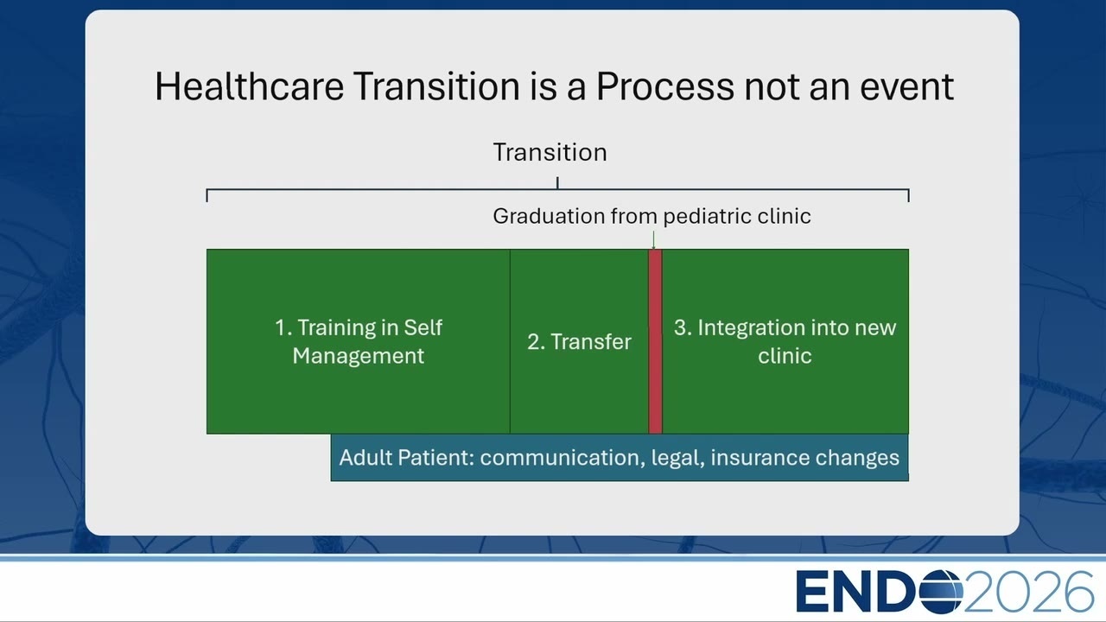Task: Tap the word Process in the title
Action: coord(665,87)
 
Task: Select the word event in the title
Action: coord(907,87)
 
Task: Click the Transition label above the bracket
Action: coord(550,152)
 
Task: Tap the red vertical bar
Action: coord(655,341)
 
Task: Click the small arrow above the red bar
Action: coord(654,240)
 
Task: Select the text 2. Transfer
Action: coord(579,341)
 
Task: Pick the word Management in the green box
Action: coord(358,356)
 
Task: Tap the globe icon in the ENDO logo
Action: coord(941,592)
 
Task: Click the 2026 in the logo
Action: coord(1028,592)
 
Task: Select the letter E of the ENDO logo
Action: coord(810,592)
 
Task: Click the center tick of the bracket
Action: coord(557,183)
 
